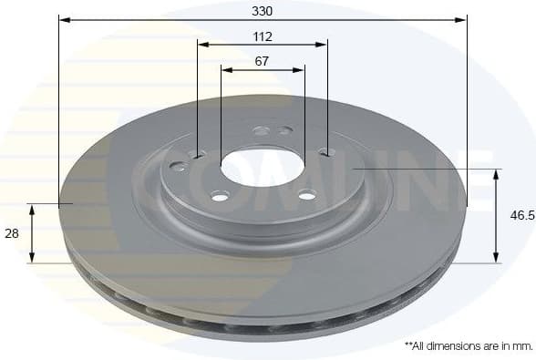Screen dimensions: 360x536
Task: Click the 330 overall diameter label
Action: point(263,11)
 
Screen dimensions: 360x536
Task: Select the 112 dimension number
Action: point(263,37)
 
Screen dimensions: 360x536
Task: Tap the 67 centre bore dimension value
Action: point(263,62)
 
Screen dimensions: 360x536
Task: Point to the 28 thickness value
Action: point(12,234)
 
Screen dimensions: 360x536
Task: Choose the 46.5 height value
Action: point(521,216)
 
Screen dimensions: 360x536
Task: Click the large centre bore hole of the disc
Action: point(261,168)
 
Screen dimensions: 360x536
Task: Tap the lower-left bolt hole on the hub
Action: point(220,196)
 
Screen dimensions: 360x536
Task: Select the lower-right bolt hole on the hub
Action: point(307,194)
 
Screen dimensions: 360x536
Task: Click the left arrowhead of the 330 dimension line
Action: point(63,18)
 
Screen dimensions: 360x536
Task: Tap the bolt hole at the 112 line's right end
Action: point(326,152)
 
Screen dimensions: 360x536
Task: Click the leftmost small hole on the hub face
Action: point(177,167)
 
